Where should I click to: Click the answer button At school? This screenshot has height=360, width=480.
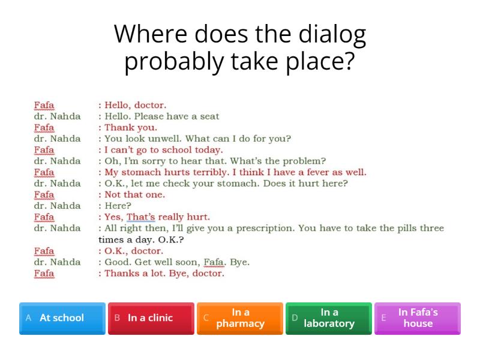coord(62,318)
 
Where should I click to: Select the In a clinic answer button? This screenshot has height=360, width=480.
coord(151,318)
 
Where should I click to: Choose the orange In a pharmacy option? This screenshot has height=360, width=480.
coord(240,318)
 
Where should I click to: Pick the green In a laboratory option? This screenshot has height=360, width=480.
coord(329,318)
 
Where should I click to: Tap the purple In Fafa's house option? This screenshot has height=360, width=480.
coord(418,318)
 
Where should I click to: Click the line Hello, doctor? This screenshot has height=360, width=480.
coord(128,106)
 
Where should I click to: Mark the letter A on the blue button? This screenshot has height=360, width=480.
coord(28,318)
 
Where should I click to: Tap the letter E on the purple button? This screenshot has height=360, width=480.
coord(384,318)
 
